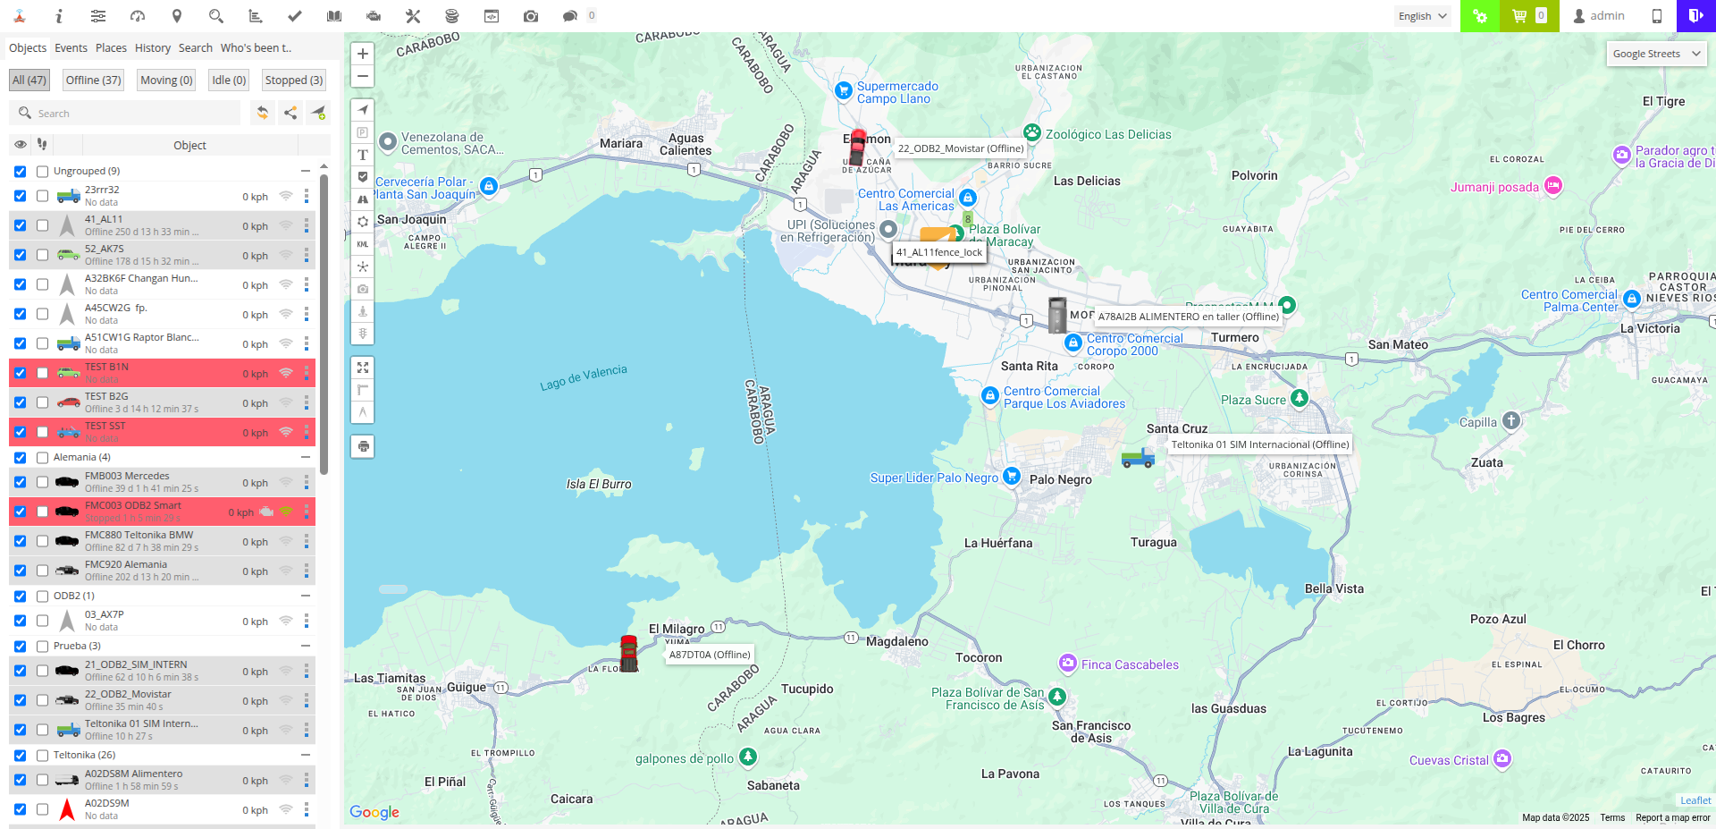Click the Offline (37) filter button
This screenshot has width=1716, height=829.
click(93, 80)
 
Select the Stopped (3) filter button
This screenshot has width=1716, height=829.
click(293, 80)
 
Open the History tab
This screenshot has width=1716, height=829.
click(153, 48)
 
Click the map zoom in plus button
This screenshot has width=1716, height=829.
click(363, 54)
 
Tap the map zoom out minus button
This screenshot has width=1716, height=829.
click(363, 76)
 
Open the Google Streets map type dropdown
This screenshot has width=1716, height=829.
click(1656, 54)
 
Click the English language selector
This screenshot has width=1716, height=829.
click(1423, 16)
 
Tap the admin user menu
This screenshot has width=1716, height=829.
click(1599, 16)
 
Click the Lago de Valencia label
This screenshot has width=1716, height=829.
click(584, 377)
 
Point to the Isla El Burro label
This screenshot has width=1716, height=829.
click(599, 484)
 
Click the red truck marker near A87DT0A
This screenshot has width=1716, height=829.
click(629, 654)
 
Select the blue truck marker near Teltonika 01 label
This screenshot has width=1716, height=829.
click(1138, 459)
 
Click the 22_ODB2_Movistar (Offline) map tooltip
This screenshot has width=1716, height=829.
click(961, 148)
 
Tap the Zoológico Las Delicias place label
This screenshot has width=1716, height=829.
click(1107, 134)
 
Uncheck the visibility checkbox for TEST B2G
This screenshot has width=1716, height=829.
click(20, 402)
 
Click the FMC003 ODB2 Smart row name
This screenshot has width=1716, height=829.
click(133, 505)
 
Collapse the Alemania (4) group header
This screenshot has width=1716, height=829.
click(305, 457)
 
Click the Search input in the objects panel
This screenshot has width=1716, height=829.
click(134, 114)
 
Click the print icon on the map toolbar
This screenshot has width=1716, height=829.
click(363, 446)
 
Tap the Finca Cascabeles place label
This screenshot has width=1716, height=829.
click(1130, 664)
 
